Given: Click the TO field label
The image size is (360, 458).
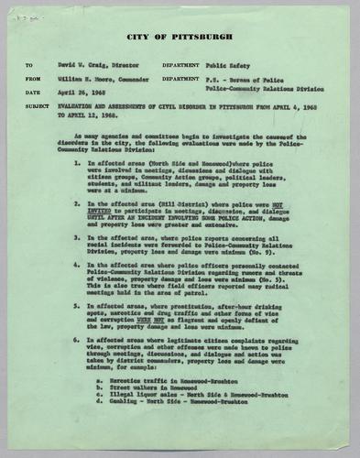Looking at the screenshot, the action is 29,66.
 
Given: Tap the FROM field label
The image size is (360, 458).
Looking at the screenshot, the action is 33,79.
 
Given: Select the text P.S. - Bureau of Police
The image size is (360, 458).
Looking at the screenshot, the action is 242,79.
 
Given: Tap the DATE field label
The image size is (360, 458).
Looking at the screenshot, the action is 32,93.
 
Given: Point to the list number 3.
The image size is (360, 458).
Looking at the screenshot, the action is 78,237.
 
